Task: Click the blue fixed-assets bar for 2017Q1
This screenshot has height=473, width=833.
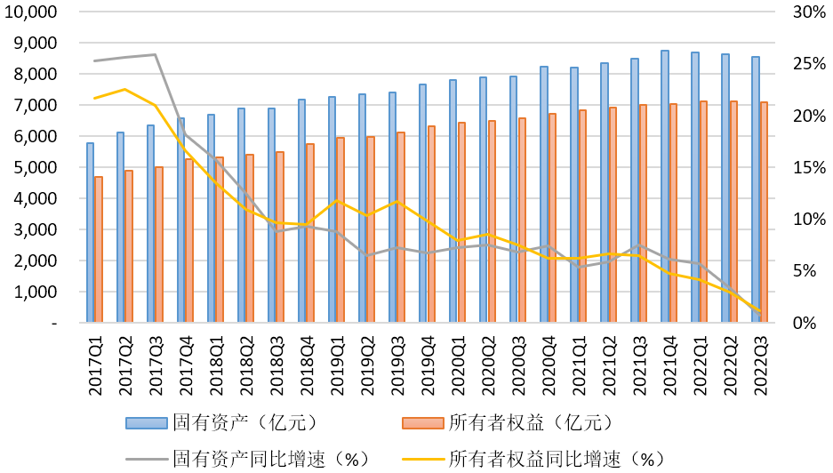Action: (x=90, y=232)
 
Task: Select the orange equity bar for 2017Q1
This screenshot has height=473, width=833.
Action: (x=99, y=250)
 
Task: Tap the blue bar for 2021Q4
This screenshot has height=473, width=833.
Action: (x=664, y=187)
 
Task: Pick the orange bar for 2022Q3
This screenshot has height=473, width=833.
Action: (x=764, y=212)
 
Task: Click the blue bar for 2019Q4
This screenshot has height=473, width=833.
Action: (x=422, y=204)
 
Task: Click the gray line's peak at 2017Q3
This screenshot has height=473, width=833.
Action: (x=155, y=54)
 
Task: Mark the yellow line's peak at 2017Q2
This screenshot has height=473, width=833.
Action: (x=124, y=89)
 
